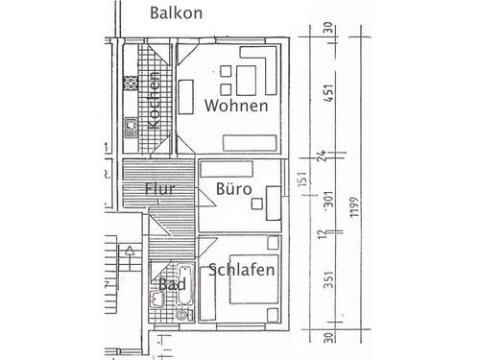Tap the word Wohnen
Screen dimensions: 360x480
point(235,105)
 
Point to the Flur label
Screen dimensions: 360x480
point(159,189)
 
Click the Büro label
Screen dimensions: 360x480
point(233,190)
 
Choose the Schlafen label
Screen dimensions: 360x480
point(242,271)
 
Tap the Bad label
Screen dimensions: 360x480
point(172,285)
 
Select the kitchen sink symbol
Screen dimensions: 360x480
point(132,124)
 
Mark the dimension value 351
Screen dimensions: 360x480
point(329,278)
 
